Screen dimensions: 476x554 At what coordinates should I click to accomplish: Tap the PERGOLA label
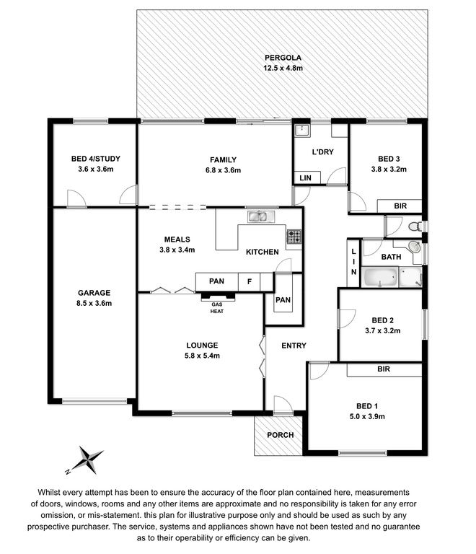(x=283, y=58)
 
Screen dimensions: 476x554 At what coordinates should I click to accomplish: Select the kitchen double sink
(x=261, y=216)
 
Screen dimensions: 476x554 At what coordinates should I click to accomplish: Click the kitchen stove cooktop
(x=294, y=237)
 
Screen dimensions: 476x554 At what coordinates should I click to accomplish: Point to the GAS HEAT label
(x=217, y=308)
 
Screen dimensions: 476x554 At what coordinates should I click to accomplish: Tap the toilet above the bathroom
(x=415, y=226)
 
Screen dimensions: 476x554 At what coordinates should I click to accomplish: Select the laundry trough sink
(x=302, y=130)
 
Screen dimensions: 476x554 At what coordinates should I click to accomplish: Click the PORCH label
(x=281, y=435)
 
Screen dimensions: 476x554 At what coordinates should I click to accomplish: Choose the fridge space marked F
(x=250, y=281)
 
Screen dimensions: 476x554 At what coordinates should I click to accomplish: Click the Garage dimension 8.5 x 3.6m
(x=94, y=303)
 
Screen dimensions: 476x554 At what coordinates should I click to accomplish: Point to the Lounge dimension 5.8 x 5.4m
(x=202, y=356)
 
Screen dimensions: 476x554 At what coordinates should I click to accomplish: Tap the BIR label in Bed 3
(x=400, y=206)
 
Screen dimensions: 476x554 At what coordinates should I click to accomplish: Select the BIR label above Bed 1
(x=384, y=369)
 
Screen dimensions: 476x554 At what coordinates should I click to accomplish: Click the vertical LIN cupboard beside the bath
(x=353, y=263)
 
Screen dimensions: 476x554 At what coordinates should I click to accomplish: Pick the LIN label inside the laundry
(x=306, y=177)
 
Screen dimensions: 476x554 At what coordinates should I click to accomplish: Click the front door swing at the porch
(x=283, y=404)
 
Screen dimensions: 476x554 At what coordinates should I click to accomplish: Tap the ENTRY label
(x=294, y=346)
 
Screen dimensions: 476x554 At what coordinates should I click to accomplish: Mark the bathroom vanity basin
(x=414, y=246)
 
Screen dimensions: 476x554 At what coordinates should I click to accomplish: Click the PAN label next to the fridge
(x=216, y=281)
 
